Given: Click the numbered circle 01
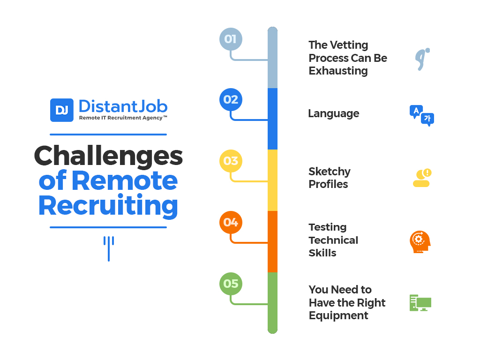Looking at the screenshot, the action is pos(231,39).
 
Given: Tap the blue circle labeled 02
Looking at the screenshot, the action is pos(231,100).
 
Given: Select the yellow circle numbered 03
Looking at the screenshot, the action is pos(231,161).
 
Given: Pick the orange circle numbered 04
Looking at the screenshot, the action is pos(231,223).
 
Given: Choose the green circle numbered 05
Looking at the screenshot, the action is pos(231,284).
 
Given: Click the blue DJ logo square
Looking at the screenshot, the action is pos(62,110).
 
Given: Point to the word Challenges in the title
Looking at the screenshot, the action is pos(108,156).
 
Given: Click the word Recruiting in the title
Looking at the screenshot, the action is pos(108,206).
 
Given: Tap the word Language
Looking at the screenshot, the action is pos(334,114).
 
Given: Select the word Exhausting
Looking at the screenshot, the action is pos(338,71).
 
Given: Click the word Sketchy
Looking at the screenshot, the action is pos(330,172).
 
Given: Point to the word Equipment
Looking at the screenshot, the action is pos(338,315).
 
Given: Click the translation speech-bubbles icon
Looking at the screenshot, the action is pos(422,116).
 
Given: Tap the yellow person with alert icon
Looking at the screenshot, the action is pos(422,178).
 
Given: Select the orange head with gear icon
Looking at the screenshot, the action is pos(420,242).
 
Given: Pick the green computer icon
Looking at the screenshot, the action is pos(420,303).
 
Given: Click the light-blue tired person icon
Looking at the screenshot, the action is pos(422,59).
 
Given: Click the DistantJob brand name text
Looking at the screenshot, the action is pos(123,106).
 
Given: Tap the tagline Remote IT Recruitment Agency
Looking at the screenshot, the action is pos(123,118).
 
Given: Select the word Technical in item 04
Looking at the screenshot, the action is pos(333,240).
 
